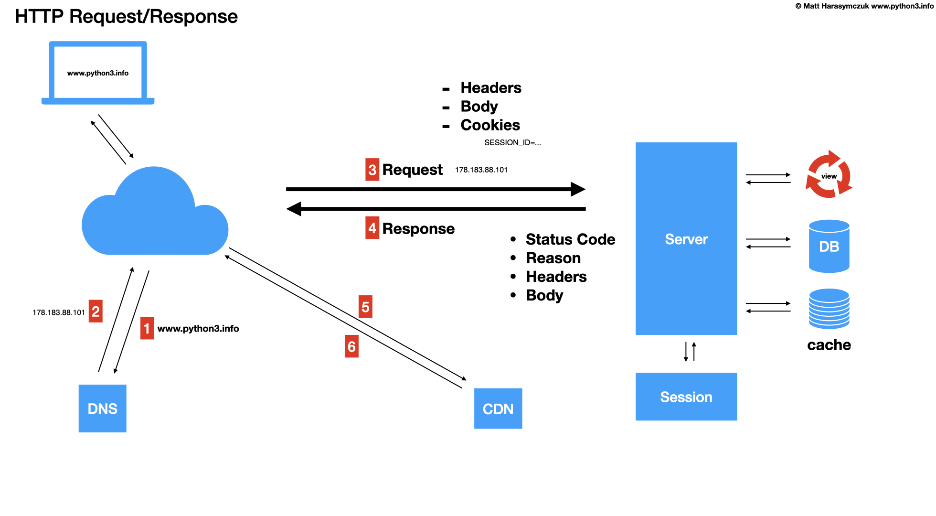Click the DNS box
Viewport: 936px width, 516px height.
102,408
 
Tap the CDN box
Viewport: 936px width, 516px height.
498,408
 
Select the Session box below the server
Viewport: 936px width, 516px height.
686,397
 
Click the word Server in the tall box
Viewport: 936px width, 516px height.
686,239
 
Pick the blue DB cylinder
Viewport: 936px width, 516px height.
829,247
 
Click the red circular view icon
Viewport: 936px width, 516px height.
829,175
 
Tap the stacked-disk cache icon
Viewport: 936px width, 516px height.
829,309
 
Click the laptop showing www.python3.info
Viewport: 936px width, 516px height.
98,73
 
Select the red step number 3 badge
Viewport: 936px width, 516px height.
372,170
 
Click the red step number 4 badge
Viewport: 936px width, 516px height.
372,228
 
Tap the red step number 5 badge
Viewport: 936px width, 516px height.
365,307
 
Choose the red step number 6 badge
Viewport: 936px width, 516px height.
351,346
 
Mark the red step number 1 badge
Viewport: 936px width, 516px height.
147,328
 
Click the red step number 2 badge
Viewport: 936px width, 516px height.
96,312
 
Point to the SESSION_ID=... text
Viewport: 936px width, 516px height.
512,142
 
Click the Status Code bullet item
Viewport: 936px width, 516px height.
570,239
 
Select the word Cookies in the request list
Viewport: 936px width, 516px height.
490,125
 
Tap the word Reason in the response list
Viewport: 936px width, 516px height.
553,258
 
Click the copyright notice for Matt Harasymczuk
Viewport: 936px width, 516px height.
864,6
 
